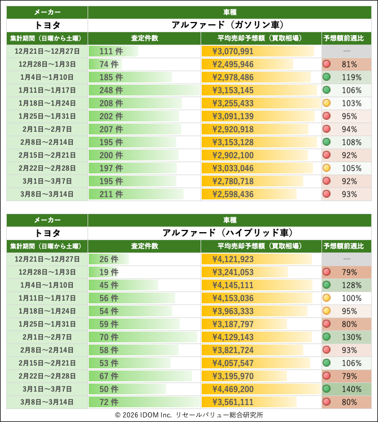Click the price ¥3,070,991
pyautogui.click(x=233, y=51)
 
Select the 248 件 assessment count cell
pyautogui.click(x=111, y=90)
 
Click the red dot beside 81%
pyautogui.click(x=326, y=64)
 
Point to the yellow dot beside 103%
pyautogui.click(x=326, y=103)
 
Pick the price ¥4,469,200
pyautogui.click(x=233, y=389)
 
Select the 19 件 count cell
pyautogui.click(x=108, y=272)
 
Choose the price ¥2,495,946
pyautogui.click(x=233, y=64)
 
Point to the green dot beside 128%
pyautogui.click(x=326, y=285)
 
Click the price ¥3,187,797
pyautogui.click(x=233, y=324)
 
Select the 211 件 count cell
pyautogui.click(x=111, y=194)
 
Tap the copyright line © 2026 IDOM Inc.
pyautogui.click(x=189, y=415)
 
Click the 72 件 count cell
pyautogui.click(x=108, y=402)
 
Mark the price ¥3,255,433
pyautogui.click(x=233, y=103)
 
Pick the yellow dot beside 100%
pyautogui.click(x=326, y=298)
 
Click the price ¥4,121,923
pyautogui.click(x=233, y=259)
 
